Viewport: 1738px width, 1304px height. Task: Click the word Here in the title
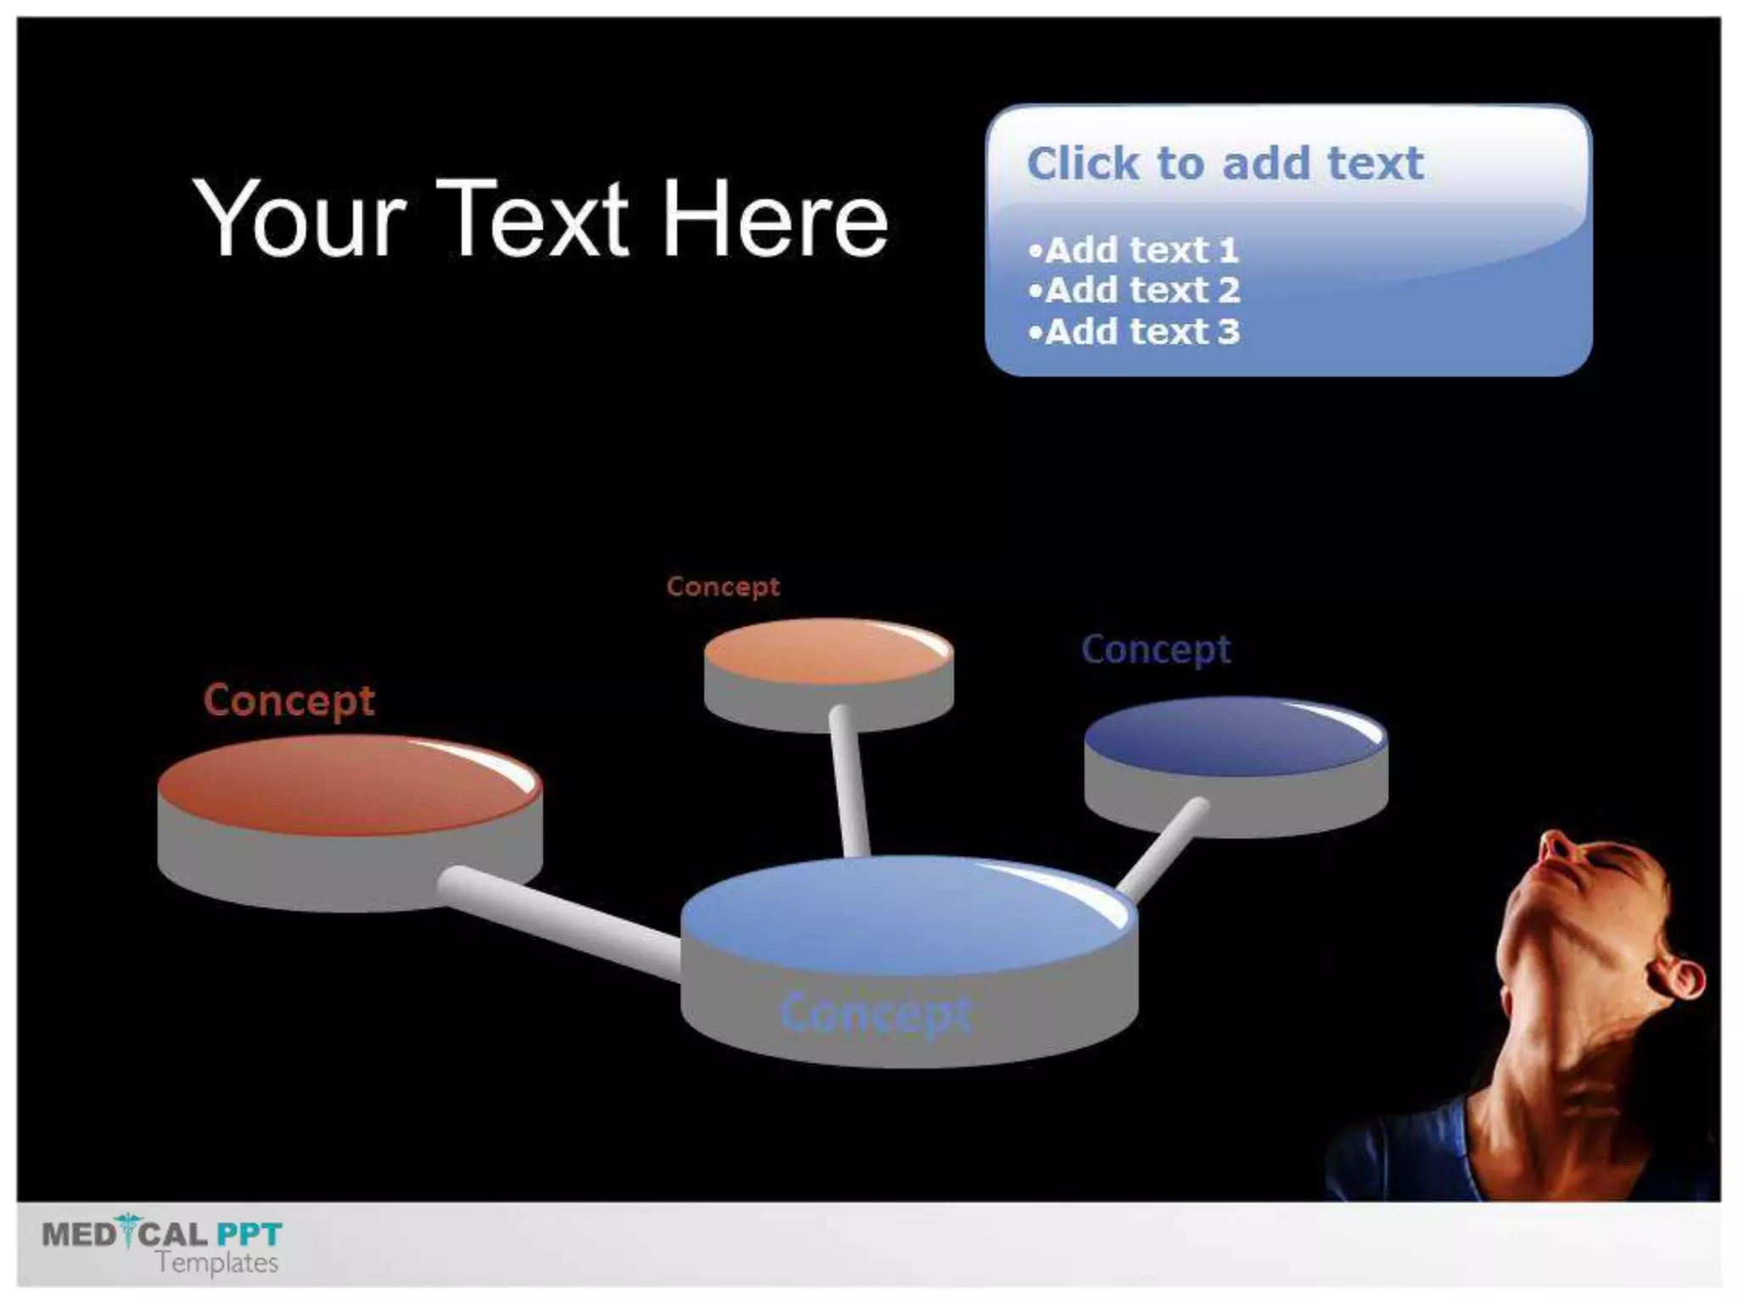(x=774, y=218)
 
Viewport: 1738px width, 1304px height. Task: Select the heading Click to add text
(x=1224, y=163)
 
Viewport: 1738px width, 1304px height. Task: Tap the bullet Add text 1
(x=1133, y=250)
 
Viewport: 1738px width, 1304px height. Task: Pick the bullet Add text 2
(x=1133, y=290)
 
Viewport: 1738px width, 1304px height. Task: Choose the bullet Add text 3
(x=1133, y=331)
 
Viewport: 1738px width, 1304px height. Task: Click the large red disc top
(x=348, y=786)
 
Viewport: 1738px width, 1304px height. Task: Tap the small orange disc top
(x=827, y=652)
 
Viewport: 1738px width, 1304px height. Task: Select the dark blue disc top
(x=1235, y=737)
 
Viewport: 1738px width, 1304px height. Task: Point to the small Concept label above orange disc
(x=723, y=587)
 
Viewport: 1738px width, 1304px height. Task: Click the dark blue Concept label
(x=1156, y=650)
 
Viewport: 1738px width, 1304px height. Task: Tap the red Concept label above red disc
(x=289, y=700)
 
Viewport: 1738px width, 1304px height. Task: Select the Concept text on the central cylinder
(x=876, y=1014)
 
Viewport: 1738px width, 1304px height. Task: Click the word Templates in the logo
(x=217, y=1262)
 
